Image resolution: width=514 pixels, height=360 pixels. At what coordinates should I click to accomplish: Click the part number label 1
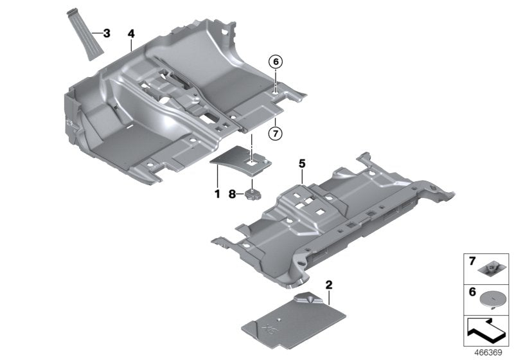pos(217,193)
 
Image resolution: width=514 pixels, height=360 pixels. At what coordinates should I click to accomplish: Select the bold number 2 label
pos(328,283)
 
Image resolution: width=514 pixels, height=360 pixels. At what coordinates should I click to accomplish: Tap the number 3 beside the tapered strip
pos(106,32)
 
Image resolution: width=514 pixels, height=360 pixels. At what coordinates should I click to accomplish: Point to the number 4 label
pos(131,33)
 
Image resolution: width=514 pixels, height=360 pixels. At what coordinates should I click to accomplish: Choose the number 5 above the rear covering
pos(301,165)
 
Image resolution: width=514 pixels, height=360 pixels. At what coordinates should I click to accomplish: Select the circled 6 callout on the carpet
pos(275,62)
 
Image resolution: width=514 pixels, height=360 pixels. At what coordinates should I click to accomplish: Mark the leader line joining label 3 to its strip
pos(96,32)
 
